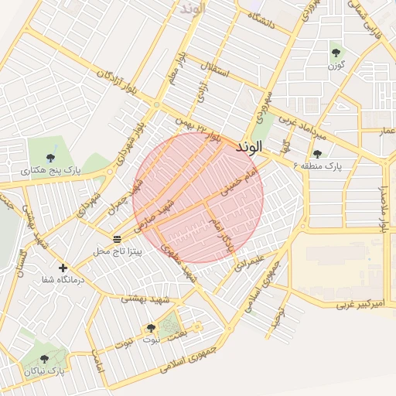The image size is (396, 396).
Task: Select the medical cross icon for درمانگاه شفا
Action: click(x=63, y=268)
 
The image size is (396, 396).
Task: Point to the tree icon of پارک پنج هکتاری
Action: click(x=51, y=157)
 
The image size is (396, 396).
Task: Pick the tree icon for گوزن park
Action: click(x=336, y=53)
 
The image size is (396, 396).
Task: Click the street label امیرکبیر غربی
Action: click(x=360, y=306)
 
